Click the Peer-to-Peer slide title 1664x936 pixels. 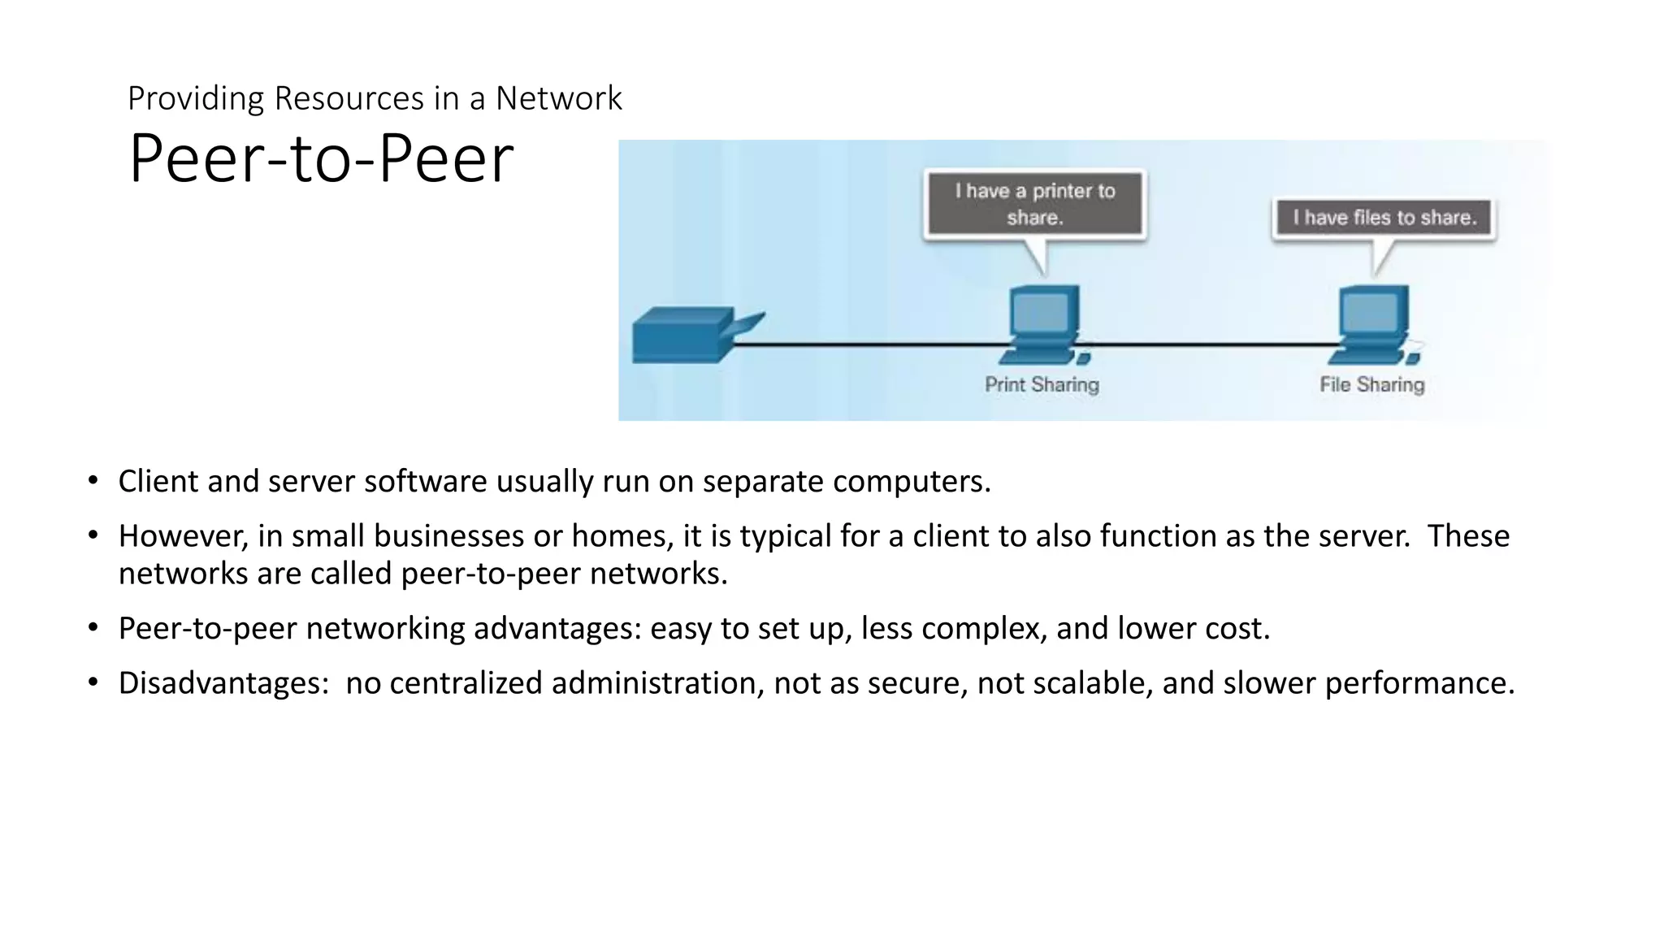tap(321, 159)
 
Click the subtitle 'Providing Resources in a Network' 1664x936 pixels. tap(375, 98)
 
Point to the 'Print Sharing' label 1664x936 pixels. tap(1042, 384)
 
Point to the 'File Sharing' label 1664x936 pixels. tap(1371, 384)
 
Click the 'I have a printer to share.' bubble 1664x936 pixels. tap(1035, 204)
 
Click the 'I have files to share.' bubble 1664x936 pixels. tap(1384, 218)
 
